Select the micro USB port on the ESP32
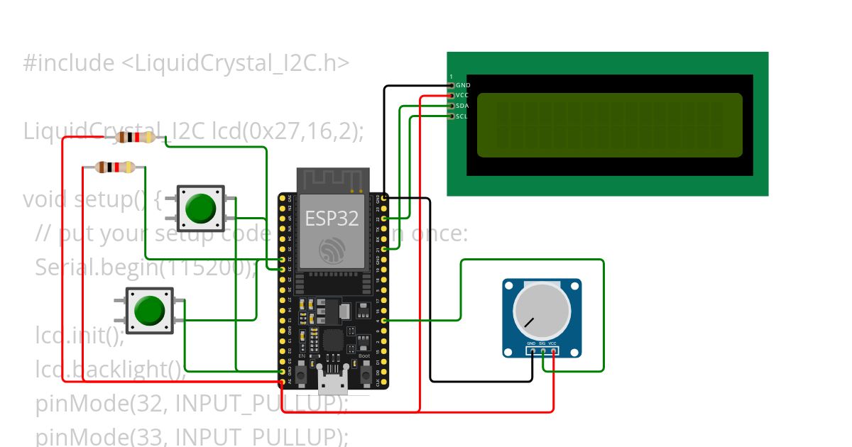click(x=334, y=383)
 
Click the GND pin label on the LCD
click(x=463, y=85)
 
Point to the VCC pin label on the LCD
click(x=463, y=95)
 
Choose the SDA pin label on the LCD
click(x=463, y=106)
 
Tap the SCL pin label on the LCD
click(x=463, y=116)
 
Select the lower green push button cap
click(x=149, y=311)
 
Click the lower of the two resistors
click(x=115, y=167)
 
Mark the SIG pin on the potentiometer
click(x=543, y=351)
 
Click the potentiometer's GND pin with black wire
click(x=532, y=351)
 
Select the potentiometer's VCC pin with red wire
click(x=553, y=351)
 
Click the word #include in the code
click(x=68, y=64)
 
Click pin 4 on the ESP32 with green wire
click(x=384, y=321)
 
